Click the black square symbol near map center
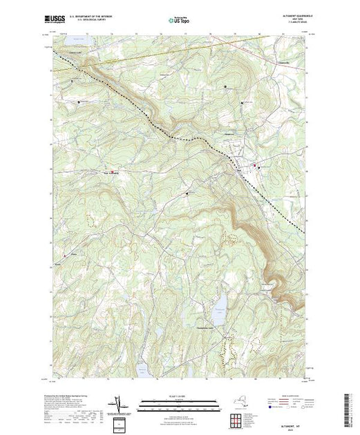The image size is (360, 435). pos(187,194)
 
